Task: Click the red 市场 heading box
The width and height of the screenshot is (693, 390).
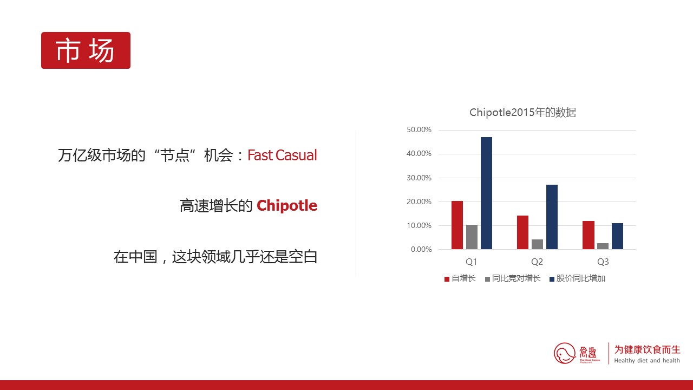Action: coord(86,50)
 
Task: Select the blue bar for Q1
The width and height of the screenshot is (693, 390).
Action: coord(486,193)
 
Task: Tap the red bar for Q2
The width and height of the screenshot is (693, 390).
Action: coord(522,232)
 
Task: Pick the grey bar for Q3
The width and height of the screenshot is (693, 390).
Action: coord(603,246)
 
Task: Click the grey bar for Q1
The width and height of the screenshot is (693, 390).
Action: coord(472,237)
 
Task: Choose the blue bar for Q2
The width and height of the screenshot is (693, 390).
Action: coord(552,217)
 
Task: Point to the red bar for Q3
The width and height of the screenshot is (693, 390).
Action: coord(589,235)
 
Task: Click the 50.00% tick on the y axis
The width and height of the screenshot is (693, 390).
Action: coord(419,129)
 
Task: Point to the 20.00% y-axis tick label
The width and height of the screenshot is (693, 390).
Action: coord(419,202)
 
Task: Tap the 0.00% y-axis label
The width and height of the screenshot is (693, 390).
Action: coord(421,250)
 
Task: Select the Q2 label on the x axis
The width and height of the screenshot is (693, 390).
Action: coord(537,262)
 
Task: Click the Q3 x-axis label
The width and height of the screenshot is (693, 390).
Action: coord(603,262)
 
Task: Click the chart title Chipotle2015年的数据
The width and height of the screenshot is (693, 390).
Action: coord(523,112)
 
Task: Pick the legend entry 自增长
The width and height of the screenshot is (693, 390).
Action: coord(460,278)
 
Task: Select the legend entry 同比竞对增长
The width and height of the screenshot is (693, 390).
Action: coord(513,278)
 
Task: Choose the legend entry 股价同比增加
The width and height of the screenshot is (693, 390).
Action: coord(577,278)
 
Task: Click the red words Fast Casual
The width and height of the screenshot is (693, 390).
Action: coord(282,155)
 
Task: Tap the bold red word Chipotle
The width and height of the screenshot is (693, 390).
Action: coord(287,205)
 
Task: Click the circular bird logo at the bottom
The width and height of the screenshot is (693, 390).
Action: coord(565,353)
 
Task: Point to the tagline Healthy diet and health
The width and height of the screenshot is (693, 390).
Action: coord(647,361)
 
